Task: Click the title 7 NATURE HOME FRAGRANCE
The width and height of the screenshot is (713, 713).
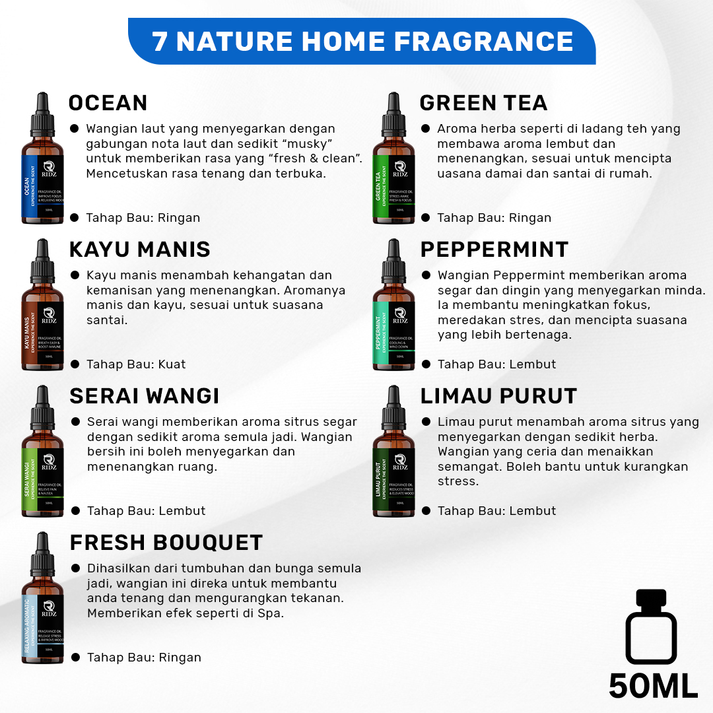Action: pos(362,42)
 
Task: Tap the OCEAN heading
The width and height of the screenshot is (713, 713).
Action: pos(108,103)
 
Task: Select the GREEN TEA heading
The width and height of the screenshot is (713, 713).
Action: pos(483,103)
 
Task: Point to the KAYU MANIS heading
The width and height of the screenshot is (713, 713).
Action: pos(140,250)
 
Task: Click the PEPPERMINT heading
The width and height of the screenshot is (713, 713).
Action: pos(494,250)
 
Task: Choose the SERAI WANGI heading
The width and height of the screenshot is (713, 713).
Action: pos(145,396)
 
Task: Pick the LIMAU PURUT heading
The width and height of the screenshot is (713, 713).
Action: pos(498,396)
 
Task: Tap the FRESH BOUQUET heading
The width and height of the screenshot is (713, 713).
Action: pos(166,543)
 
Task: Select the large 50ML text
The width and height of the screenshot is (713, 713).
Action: pos(653,685)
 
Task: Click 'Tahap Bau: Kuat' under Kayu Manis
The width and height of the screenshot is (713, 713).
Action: pos(136,364)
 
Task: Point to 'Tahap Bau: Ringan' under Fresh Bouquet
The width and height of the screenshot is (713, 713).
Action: pos(144,658)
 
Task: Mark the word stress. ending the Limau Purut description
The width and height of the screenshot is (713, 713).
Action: pos(458,481)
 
